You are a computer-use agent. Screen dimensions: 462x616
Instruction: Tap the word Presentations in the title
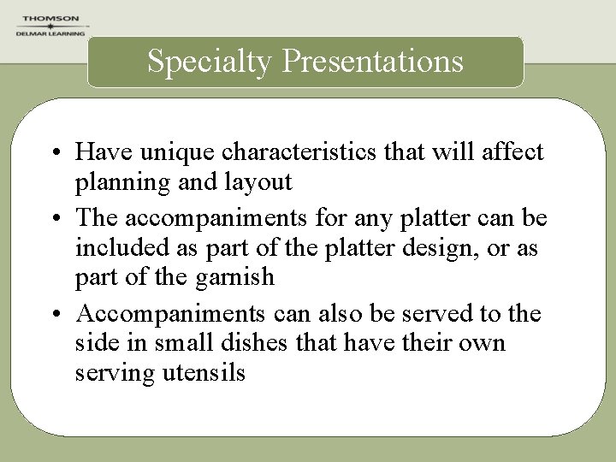(372, 61)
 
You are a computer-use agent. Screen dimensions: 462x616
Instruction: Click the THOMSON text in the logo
(50, 18)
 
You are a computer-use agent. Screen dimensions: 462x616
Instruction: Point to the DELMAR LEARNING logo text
(50, 33)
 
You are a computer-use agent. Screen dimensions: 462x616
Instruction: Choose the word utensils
(201, 373)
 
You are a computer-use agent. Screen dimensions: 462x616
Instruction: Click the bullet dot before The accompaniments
(54, 219)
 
